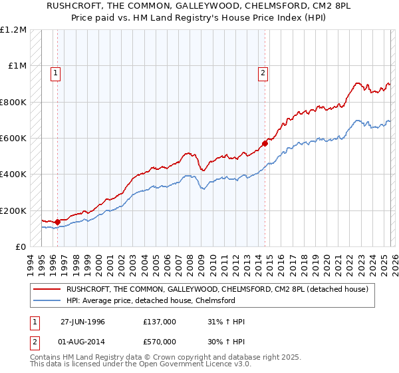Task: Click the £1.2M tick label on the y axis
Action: (x=13, y=29)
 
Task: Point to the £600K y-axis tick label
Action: (x=13, y=138)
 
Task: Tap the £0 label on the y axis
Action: (x=21, y=246)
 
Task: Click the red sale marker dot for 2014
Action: (x=265, y=143)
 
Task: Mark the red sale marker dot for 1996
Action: (x=57, y=222)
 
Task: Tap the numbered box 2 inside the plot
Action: (x=263, y=73)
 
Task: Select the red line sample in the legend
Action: (x=47, y=289)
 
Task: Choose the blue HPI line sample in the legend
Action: (x=47, y=300)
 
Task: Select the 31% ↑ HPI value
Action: (x=226, y=322)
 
